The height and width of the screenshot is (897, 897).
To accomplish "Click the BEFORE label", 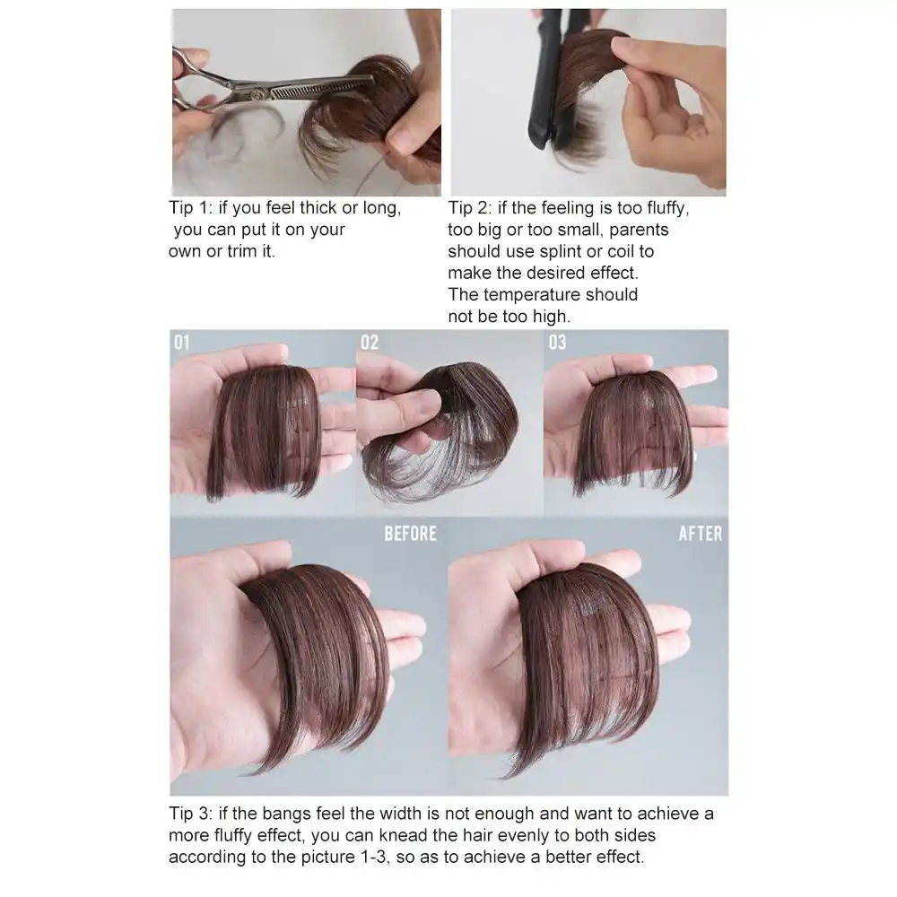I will pyautogui.click(x=410, y=534).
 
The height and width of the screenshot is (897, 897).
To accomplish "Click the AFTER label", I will pyautogui.click(x=700, y=534).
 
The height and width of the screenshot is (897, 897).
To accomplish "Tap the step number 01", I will pyautogui.click(x=183, y=343).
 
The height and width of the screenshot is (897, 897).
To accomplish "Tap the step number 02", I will pyautogui.click(x=369, y=343).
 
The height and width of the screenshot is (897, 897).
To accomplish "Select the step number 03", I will pyautogui.click(x=557, y=343).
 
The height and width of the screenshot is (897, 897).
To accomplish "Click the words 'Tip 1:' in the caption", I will pyautogui.click(x=192, y=209).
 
